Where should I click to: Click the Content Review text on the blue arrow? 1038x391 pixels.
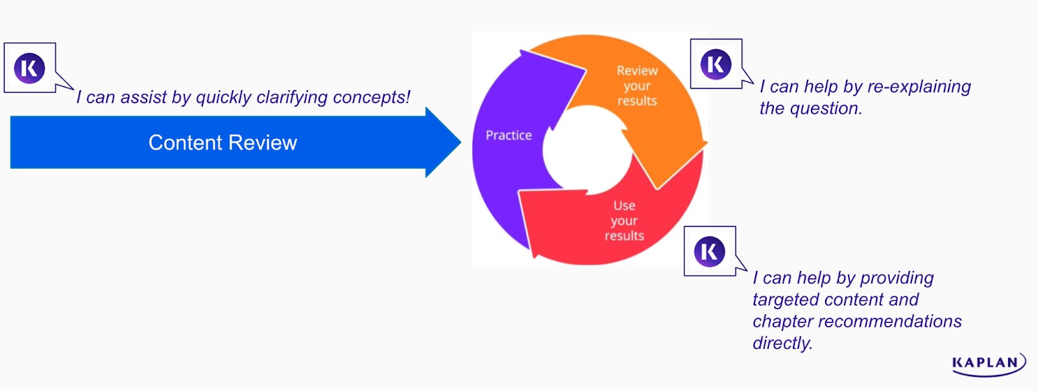tap(223, 143)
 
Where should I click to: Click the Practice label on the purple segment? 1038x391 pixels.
tap(509, 136)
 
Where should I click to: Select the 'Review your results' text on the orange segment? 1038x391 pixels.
tap(637, 86)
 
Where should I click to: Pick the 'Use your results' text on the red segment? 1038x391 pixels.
tap(624, 220)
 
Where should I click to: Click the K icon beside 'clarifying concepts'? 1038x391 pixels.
tap(30, 68)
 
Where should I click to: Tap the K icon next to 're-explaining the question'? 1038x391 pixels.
tap(716, 64)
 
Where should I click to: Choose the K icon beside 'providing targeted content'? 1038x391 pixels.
tap(709, 252)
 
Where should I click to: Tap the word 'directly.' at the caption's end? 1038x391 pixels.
tap(782, 343)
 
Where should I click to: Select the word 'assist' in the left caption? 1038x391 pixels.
tap(143, 97)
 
